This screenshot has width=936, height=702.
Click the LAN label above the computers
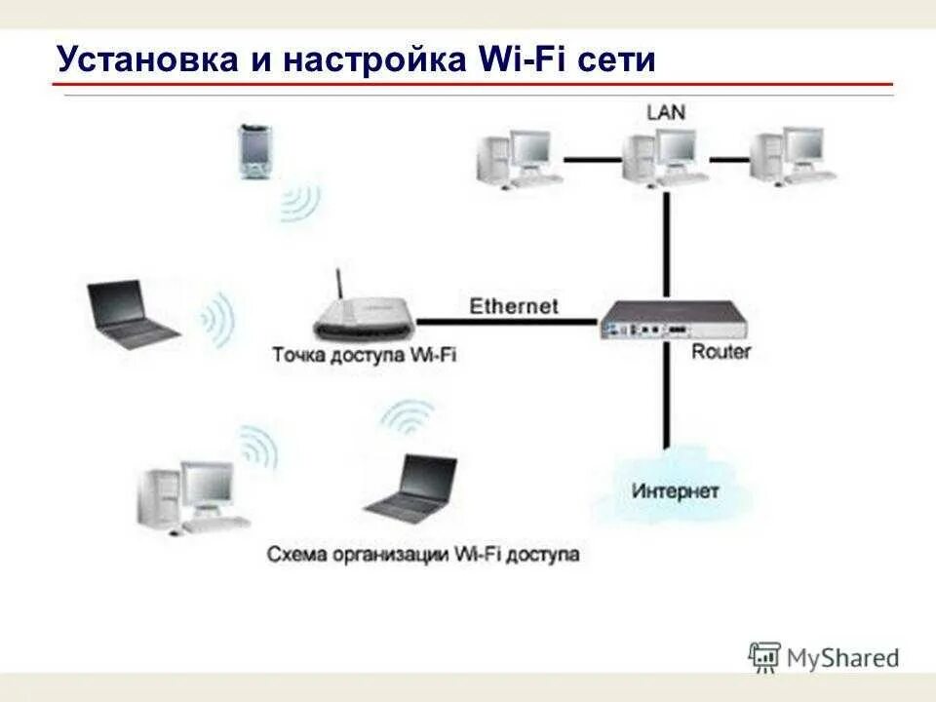tap(666, 111)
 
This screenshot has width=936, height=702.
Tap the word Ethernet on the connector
tap(514, 306)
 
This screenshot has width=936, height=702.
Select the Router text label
tap(721, 351)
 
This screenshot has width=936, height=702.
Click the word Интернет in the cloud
tap(675, 489)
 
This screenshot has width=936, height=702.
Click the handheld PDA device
tap(253, 153)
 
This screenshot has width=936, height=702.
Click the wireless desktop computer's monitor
tap(207, 485)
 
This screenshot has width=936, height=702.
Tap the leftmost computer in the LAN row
tap(517, 157)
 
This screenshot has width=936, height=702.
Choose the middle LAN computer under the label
tap(666, 155)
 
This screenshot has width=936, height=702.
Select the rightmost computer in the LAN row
tap(792, 155)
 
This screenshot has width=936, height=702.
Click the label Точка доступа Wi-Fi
tap(364, 354)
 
